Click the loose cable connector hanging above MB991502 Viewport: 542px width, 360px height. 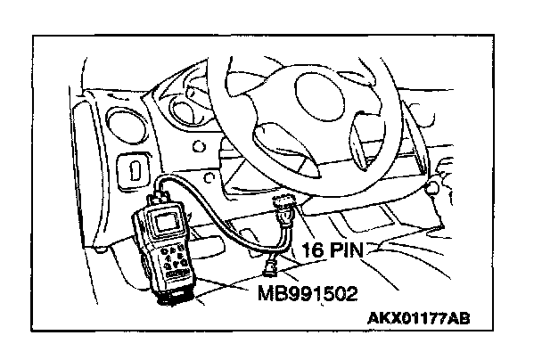point(268,266)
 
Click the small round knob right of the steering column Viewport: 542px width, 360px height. point(435,186)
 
